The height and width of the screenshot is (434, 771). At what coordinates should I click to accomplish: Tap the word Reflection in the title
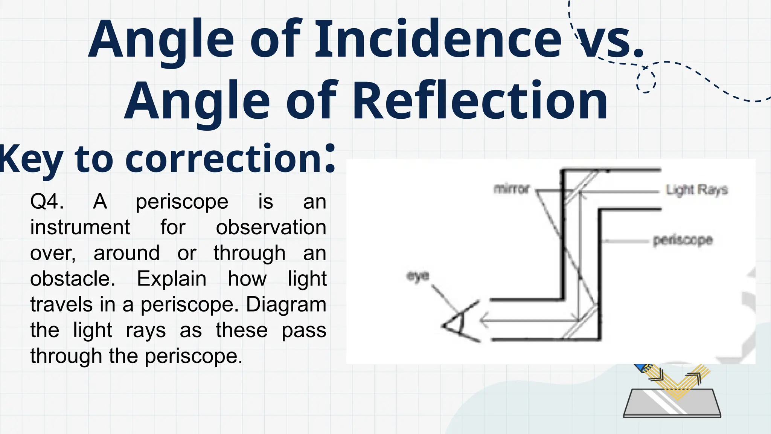click(x=480, y=101)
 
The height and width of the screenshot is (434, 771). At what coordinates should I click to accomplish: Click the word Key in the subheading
click(x=30, y=159)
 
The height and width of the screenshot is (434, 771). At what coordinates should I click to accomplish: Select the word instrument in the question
click(x=80, y=227)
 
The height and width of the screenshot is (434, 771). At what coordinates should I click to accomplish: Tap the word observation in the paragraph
click(x=271, y=227)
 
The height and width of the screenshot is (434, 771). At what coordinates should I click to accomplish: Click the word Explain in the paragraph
click(x=171, y=279)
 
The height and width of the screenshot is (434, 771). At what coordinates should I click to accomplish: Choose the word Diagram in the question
click(x=286, y=304)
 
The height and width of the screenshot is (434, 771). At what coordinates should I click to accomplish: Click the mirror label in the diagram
click(x=512, y=188)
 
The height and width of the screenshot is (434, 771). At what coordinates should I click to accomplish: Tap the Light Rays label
click(x=697, y=190)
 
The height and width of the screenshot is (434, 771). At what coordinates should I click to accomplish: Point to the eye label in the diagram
click(x=418, y=276)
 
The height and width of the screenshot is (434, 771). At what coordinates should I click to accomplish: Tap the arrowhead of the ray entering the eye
click(x=484, y=321)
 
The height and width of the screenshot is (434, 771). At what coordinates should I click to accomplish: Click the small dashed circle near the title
click(x=646, y=81)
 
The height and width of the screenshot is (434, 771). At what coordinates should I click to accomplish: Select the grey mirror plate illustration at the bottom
click(x=672, y=403)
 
